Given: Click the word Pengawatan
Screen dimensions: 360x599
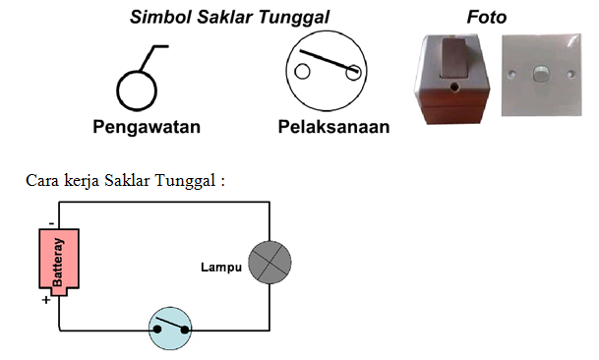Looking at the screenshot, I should [x=148, y=127].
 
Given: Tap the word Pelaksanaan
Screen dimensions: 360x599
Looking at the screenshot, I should [x=333, y=127].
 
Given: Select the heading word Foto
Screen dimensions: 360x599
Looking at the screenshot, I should [x=486, y=17].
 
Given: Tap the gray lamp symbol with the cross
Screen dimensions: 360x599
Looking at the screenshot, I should [x=270, y=263].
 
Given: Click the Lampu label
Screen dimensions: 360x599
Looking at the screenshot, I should [x=220, y=267].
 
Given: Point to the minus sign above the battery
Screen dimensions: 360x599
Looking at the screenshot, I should [x=50, y=223].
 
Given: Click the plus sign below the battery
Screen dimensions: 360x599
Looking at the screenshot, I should [x=46, y=300].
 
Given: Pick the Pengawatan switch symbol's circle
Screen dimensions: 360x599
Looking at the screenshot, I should [x=137, y=90].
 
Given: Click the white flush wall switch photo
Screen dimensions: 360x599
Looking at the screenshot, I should [x=539, y=79].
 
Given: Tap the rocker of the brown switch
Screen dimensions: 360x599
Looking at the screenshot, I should [x=452, y=55].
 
